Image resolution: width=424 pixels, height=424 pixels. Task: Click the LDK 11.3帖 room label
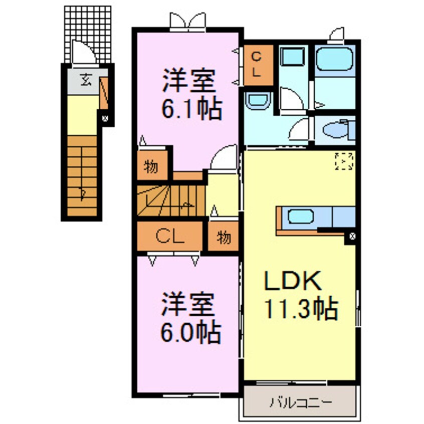point(300,296)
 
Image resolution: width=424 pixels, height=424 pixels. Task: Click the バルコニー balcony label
point(300,401)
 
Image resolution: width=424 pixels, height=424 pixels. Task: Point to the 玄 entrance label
point(86,80)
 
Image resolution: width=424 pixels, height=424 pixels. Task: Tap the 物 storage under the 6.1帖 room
point(151,167)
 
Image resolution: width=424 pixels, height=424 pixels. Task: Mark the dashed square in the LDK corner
point(344,160)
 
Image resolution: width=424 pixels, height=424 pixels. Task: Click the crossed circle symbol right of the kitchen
point(352,236)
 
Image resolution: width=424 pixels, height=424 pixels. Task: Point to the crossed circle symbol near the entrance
point(105,119)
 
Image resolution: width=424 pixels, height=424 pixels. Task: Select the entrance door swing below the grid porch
point(80,53)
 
